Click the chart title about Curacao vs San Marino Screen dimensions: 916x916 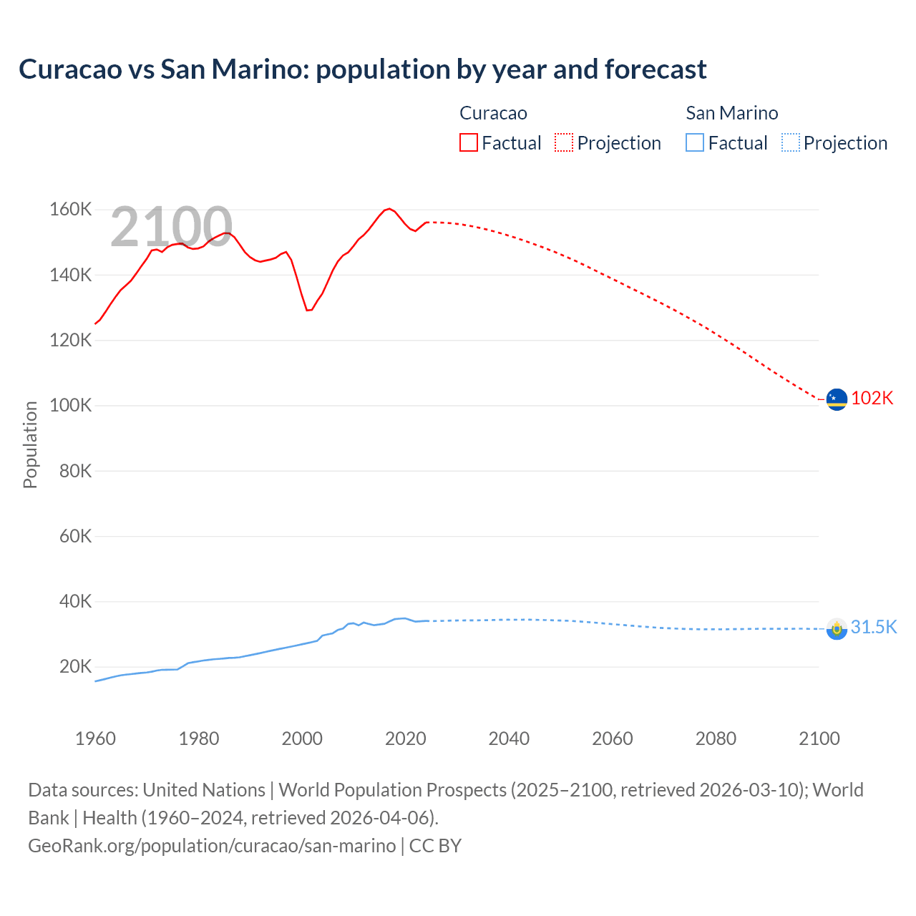(x=362, y=69)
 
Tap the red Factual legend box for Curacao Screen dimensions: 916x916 (x=468, y=143)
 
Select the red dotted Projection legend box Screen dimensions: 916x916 (x=564, y=143)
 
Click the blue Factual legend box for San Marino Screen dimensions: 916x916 (x=694, y=143)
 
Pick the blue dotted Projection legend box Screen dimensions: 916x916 (x=790, y=143)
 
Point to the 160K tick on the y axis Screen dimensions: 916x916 (x=70, y=210)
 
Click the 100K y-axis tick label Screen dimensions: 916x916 (x=70, y=406)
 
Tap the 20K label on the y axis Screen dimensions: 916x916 (x=75, y=667)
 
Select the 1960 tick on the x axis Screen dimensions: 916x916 (x=95, y=739)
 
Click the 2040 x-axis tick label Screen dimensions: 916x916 (x=509, y=739)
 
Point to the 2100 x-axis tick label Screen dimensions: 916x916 (x=819, y=739)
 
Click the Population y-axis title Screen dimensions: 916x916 (x=30, y=444)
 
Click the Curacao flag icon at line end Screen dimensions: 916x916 (x=836, y=399)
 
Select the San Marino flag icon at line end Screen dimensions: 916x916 (x=836, y=629)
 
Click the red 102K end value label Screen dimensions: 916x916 (x=872, y=399)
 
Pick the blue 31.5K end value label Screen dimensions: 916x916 (x=873, y=628)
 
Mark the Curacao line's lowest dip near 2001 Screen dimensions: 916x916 (x=308, y=310)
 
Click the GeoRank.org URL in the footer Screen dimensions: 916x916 (x=212, y=846)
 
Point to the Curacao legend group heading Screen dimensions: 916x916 (x=493, y=113)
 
